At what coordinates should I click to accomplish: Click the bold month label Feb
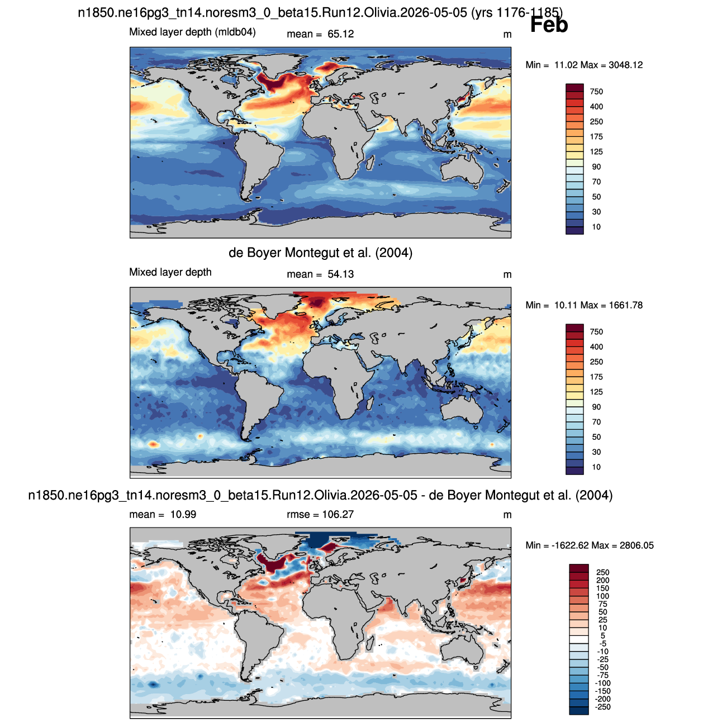click(x=549, y=25)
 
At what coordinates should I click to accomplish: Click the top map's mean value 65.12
click(x=340, y=34)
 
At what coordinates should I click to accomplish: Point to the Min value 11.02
click(x=566, y=65)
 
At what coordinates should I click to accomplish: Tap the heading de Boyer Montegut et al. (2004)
click(x=320, y=253)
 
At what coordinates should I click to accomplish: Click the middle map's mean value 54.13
click(x=340, y=274)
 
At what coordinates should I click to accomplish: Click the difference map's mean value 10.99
click(x=183, y=514)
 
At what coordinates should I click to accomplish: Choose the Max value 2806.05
click(x=636, y=545)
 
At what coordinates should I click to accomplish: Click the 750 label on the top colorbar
click(x=596, y=92)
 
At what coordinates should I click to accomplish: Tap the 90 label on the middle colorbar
click(x=596, y=407)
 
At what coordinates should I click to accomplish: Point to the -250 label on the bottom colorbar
click(x=603, y=706)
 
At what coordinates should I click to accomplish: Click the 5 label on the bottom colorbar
click(x=602, y=635)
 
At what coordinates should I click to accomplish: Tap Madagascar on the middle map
click(x=370, y=402)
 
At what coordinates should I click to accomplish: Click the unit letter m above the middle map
click(x=507, y=275)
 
